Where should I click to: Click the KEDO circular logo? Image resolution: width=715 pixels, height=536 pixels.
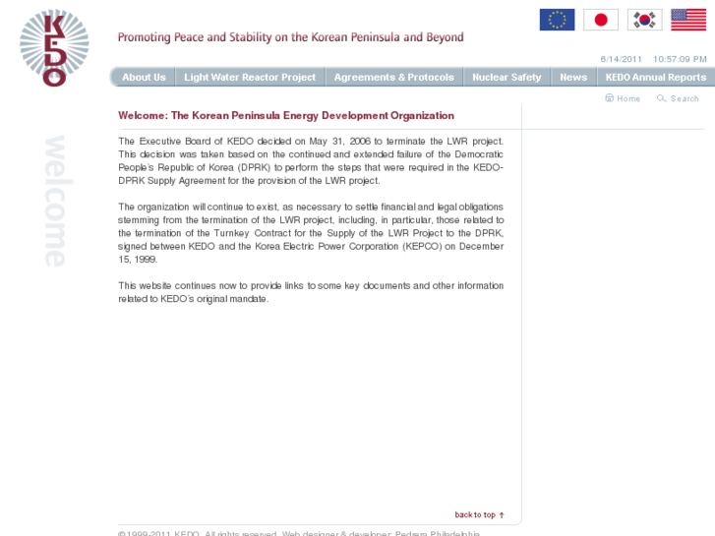click(x=54, y=47)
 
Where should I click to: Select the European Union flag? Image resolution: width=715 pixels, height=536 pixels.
click(x=557, y=20)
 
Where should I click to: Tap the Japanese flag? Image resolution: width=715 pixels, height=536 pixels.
click(x=601, y=20)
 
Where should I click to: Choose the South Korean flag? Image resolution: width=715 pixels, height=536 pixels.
click(x=645, y=20)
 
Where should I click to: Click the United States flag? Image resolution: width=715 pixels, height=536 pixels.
click(x=688, y=20)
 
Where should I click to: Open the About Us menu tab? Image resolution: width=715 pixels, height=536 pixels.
click(x=144, y=77)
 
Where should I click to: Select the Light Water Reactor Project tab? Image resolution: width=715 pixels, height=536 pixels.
click(x=250, y=77)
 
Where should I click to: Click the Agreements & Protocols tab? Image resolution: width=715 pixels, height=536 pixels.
click(x=393, y=77)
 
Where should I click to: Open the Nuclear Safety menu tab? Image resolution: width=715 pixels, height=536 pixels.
click(x=506, y=77)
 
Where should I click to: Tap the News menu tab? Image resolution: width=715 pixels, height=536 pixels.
click(x=573, y=77)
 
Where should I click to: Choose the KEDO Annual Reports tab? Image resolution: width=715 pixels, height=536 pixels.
click(x=655, y=77)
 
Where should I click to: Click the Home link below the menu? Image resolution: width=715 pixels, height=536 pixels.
click(x=624, y=98)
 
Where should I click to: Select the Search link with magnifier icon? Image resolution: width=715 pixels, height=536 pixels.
click(x=679, y=98)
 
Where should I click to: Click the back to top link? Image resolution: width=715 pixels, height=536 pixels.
click(x=479, y=514)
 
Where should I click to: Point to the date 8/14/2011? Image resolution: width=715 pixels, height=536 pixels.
click(x=621, y=59)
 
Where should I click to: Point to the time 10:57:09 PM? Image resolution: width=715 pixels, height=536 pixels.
click(x=680, y=59)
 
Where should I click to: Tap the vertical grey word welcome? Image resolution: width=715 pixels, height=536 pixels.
click(x=55, y=201)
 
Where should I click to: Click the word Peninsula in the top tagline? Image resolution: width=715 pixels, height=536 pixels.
click(x=365, y=37)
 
